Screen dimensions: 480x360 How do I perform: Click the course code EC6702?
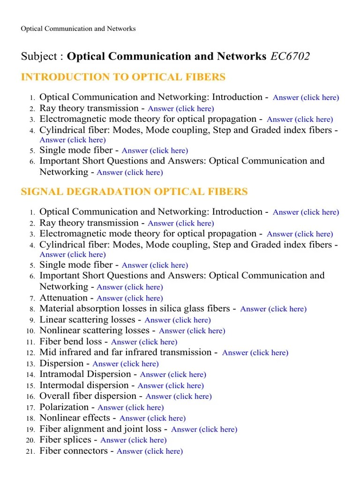tap(289, 57)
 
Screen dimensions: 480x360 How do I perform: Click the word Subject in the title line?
tap(39, 57)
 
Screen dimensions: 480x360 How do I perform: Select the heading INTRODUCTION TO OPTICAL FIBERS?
tap(123, 77)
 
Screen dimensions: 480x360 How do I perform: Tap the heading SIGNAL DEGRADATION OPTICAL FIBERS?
tap(135, 192)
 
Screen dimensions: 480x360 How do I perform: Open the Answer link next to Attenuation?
tap(130, 298)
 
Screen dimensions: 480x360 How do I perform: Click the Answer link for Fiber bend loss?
tap(144, 342)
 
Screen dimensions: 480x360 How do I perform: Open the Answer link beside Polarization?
tap(131, 408)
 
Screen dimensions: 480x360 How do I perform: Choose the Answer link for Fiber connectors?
tap(150, 451)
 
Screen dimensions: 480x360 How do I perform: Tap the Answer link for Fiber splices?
tap(134, 440)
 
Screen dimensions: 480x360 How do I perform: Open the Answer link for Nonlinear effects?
tap(152, 418)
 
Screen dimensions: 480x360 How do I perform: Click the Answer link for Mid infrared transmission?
tap(255, 353)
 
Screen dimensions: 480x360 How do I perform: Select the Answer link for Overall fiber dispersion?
tap(179, 397)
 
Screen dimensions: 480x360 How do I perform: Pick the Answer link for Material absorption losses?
tap(273, 309)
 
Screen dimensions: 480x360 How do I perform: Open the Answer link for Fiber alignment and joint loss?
tap(204, 429)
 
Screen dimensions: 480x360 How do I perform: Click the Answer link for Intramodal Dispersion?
tap(173, 375)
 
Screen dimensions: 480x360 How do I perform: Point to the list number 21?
tap(30, 452)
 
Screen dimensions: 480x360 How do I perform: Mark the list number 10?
tap(30, 331)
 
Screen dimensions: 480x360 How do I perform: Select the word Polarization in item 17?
tap(64, 407)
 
